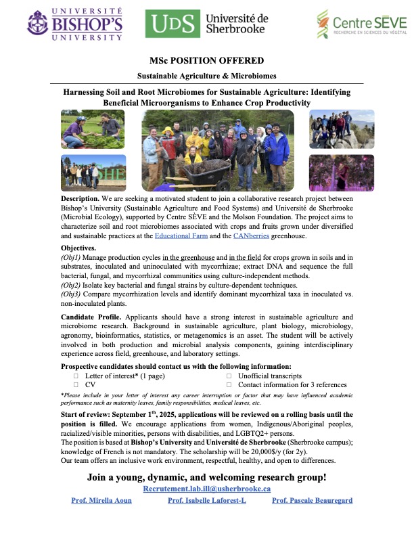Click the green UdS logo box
[x=167, y=24]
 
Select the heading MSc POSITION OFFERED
[x=206, y=60]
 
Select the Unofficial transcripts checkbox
[x=229, y=375]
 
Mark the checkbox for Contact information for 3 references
[x=229, y=384]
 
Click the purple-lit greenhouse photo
[x=342, y=173]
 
